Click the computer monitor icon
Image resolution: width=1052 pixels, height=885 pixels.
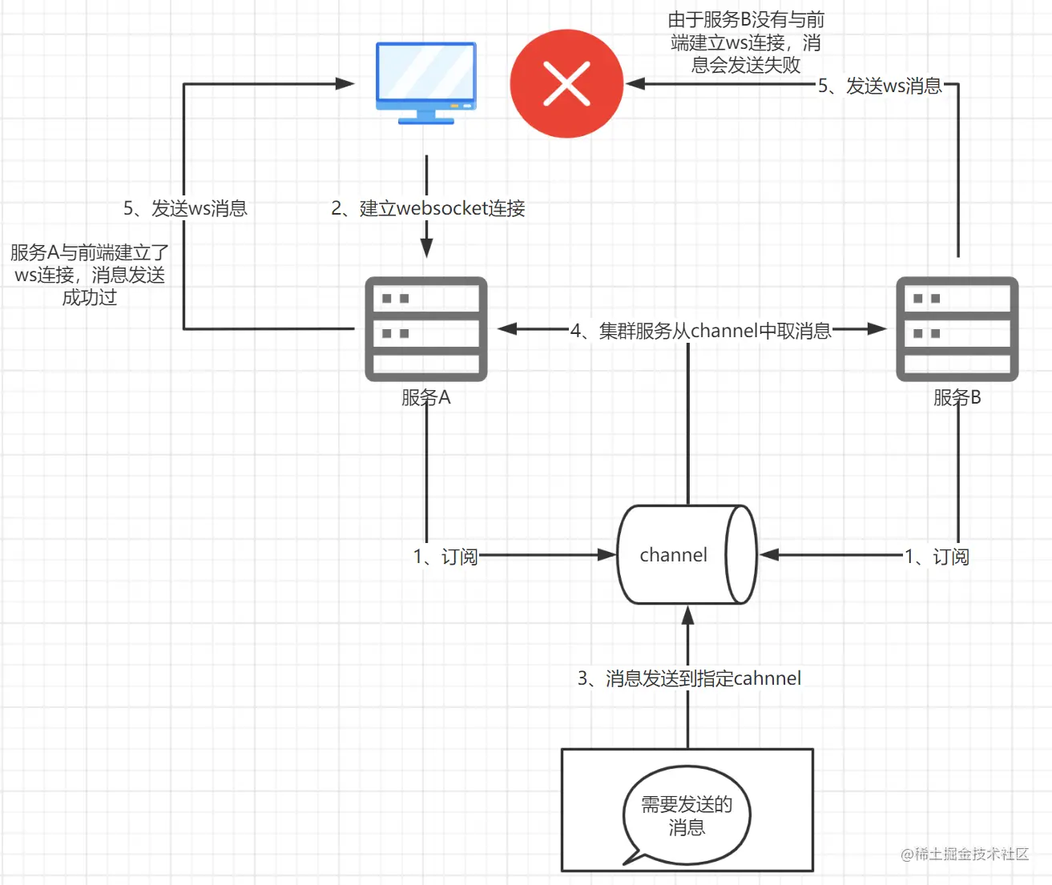[x=426, y=82]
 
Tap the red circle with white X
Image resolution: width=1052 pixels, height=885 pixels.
[x=566, y=84]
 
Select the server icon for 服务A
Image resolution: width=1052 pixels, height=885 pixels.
[x=426, y=329]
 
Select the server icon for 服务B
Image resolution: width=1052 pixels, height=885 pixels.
[x=957, y=329]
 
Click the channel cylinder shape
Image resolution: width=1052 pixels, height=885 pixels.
[x=687, y=554]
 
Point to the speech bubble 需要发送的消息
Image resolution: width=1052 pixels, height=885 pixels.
[x=687, y=815]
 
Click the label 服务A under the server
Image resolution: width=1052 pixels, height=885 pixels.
[x=426, y=397]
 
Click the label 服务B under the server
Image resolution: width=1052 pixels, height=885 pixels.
[x=957, y=397]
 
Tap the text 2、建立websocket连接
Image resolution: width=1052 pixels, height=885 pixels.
[x=428, y=208]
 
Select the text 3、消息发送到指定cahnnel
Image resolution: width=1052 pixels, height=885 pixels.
[x=689, y=678]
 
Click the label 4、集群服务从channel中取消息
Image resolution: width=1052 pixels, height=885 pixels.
[x=700, y=331]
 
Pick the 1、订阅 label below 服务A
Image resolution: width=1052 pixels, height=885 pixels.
[x=445, y=556]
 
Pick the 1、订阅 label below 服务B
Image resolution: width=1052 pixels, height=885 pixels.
[x=937, y=556]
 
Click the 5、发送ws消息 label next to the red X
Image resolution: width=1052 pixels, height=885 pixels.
[x=880, y=86]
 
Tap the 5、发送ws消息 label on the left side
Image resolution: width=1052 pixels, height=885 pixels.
[x=185, y=208]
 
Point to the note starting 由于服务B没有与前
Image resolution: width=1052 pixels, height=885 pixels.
[x=746, y=42]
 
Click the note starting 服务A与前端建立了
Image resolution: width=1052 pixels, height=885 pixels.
[x=89, y=275]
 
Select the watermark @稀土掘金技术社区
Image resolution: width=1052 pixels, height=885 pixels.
[x=965, y=854]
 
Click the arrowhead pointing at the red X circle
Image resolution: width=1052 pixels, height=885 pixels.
[x=635, y=83]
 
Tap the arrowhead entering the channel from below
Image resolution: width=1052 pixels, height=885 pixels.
[x=687, y=615]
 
